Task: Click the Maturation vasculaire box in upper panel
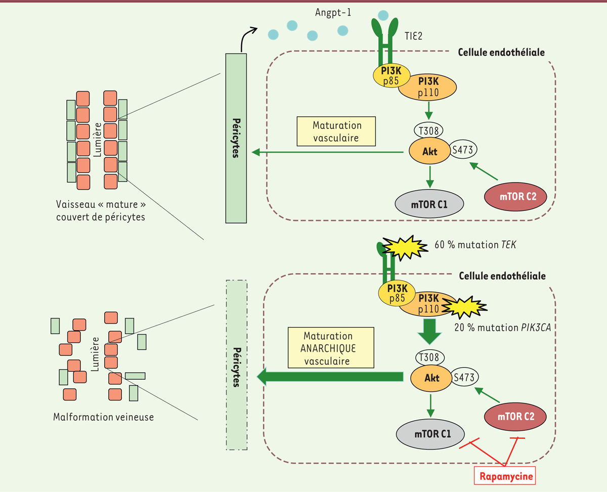tap(337, 130)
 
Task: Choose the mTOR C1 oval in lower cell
tap(430, 434)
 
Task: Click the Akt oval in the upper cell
tap(430, 151)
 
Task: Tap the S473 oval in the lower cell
tap(464, 377)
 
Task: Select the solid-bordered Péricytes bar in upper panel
tap(236, 138)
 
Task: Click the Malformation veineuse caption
tap(104, 417)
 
